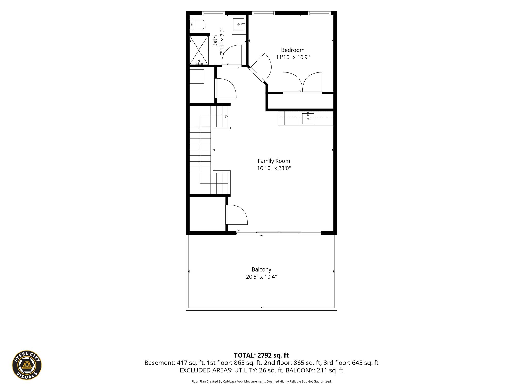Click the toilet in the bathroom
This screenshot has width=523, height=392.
pos(198,24)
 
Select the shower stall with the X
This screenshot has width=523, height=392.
pos(199,50)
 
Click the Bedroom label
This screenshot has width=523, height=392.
pos(293,50)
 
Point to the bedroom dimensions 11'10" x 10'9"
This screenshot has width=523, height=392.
pos(293,57)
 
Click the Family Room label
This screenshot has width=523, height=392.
pos(274,161)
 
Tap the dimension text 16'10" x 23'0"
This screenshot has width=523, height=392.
pos(274,168)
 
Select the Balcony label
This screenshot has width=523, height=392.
pos(261,269)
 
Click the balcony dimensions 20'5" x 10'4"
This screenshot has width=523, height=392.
pos(261,277)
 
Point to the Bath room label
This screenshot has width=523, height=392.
pos(215,41)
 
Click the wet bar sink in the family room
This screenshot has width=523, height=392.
pos(308,118)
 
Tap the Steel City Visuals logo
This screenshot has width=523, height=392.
pos(27,365)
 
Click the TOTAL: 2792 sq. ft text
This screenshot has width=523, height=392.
pos(261,355)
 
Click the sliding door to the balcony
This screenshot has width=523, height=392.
pos(279,233)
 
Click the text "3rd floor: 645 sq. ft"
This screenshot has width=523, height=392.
pos(351,363)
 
